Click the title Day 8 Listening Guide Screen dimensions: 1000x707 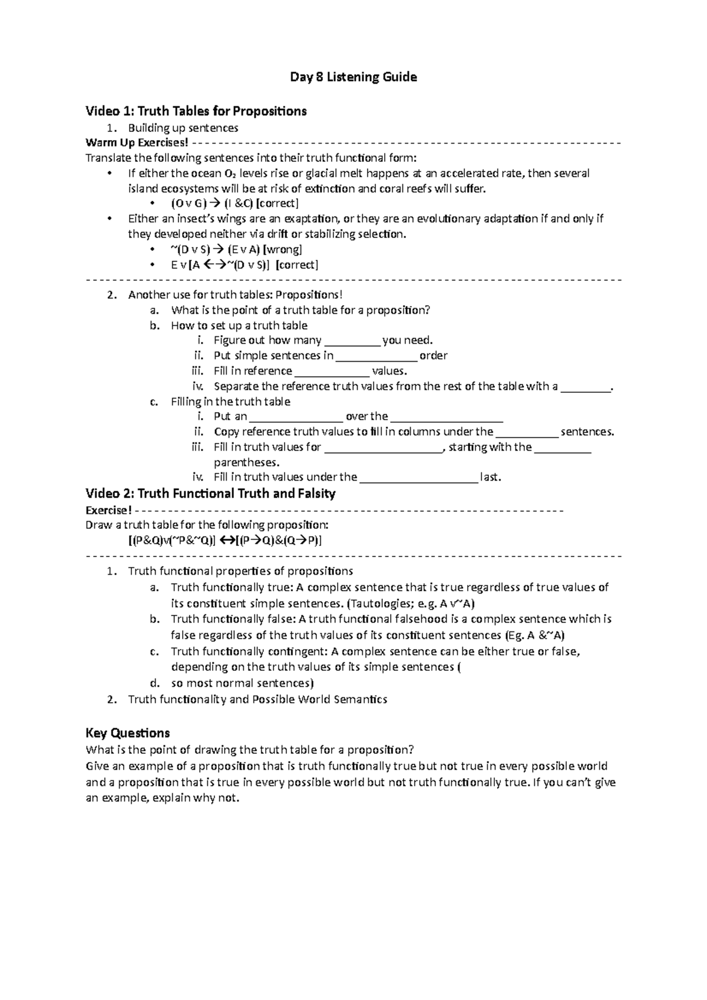pyautogui.click(x=353, y=77)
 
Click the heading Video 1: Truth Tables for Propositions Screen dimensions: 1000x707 pyautogui.click(x=196, y=111)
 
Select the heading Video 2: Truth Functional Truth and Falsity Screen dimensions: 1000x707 pyautogui.click(x=210, y=494)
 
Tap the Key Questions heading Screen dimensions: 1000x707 pyautogui.click(x=127, y=733)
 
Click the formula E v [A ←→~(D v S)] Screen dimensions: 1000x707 pyautogui.click(x=220, y=265)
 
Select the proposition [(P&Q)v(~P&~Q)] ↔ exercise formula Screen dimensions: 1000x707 pyautogui.click(x=225, y=541)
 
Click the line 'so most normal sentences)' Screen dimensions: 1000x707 pyautogui.click(x=242, y=683)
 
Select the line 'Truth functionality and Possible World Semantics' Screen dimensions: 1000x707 pyautogui.click(x=257, y=700)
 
